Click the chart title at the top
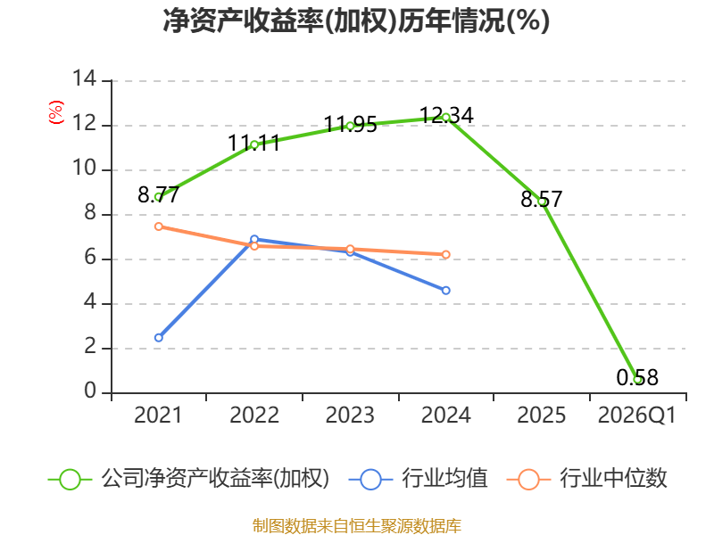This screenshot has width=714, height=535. (356, 21)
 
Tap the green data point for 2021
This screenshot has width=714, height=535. (159, 197)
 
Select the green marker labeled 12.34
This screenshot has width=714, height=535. (446, 118)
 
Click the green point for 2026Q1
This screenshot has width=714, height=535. (637, 380)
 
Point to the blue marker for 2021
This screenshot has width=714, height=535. (159, 338)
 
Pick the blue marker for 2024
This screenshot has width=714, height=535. (445, 291)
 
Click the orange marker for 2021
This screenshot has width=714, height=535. (159, 226)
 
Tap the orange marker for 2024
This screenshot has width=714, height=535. (445, 255)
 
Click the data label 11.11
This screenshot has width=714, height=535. (253, 144)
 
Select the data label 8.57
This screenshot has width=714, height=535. (542, 199)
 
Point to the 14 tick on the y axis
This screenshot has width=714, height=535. (85, 79)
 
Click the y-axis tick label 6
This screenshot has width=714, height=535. (90, 258)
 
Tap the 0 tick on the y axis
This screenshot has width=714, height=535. (90, 391)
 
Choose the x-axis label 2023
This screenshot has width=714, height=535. (350, 416)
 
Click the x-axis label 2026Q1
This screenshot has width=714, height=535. (637, 416)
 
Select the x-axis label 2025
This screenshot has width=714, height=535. (542, 416)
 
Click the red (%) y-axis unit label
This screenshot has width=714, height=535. (56, 112)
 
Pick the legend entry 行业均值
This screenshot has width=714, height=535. (419, 479)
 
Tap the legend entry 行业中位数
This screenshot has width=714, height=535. (587, 479)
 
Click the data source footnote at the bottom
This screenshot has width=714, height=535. (357, 526)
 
